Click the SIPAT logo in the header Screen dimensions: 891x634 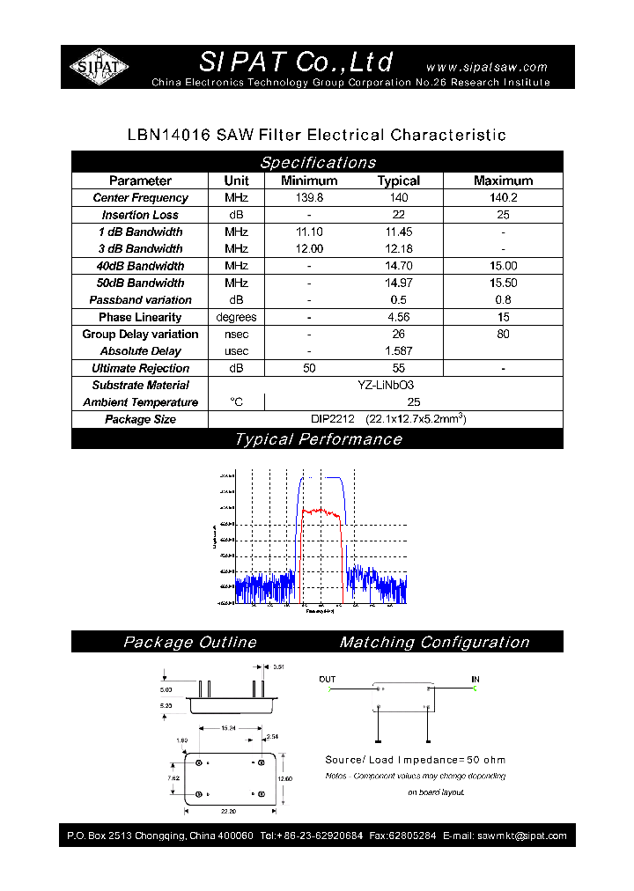point(99,67)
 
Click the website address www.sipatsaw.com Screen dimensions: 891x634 point(486,67)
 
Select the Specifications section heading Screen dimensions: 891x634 point(317,162)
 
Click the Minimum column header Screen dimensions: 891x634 point(309,180)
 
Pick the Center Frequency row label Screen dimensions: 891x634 point(140,198)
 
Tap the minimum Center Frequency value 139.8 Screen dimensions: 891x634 point(309,198)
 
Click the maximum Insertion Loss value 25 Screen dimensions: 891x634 point(503,215)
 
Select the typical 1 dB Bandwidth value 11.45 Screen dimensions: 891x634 point(398,232)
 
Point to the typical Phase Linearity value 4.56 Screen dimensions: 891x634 point(398,317)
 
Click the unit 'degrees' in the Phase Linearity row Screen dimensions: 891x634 point(236,317)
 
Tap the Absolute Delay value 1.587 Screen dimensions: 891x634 point(398,351)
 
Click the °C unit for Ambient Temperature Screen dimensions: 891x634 point(236,402)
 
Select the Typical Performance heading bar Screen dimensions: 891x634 point(317,439)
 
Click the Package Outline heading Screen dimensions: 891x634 point(189,643)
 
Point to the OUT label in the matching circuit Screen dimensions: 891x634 point(328,680)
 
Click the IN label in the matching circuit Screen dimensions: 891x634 point(475,680)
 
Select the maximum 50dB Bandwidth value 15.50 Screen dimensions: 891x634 point(503,283)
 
